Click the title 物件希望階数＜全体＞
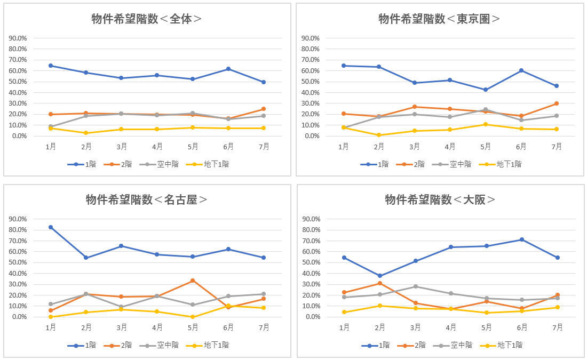coord(147,19)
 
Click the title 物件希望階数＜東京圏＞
coord(440,19)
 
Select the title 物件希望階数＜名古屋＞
coord(147,199)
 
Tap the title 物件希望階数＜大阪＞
coord(440,199)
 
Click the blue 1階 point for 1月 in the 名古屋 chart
coord(51,227)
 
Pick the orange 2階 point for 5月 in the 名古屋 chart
coord(193,281)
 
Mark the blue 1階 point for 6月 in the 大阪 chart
coord(522,239)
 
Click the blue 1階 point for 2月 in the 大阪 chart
coord(380,276)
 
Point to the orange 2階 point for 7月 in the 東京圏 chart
coord(557,103)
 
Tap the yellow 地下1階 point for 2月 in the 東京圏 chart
coord(379,135)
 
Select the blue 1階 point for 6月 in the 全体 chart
coord(228,69)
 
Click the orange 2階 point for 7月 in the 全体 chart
coord(264,109)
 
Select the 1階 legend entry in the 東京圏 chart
coord(376,164)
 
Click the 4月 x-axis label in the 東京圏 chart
coord(450,147)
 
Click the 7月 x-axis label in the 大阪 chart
coord(557,327)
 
